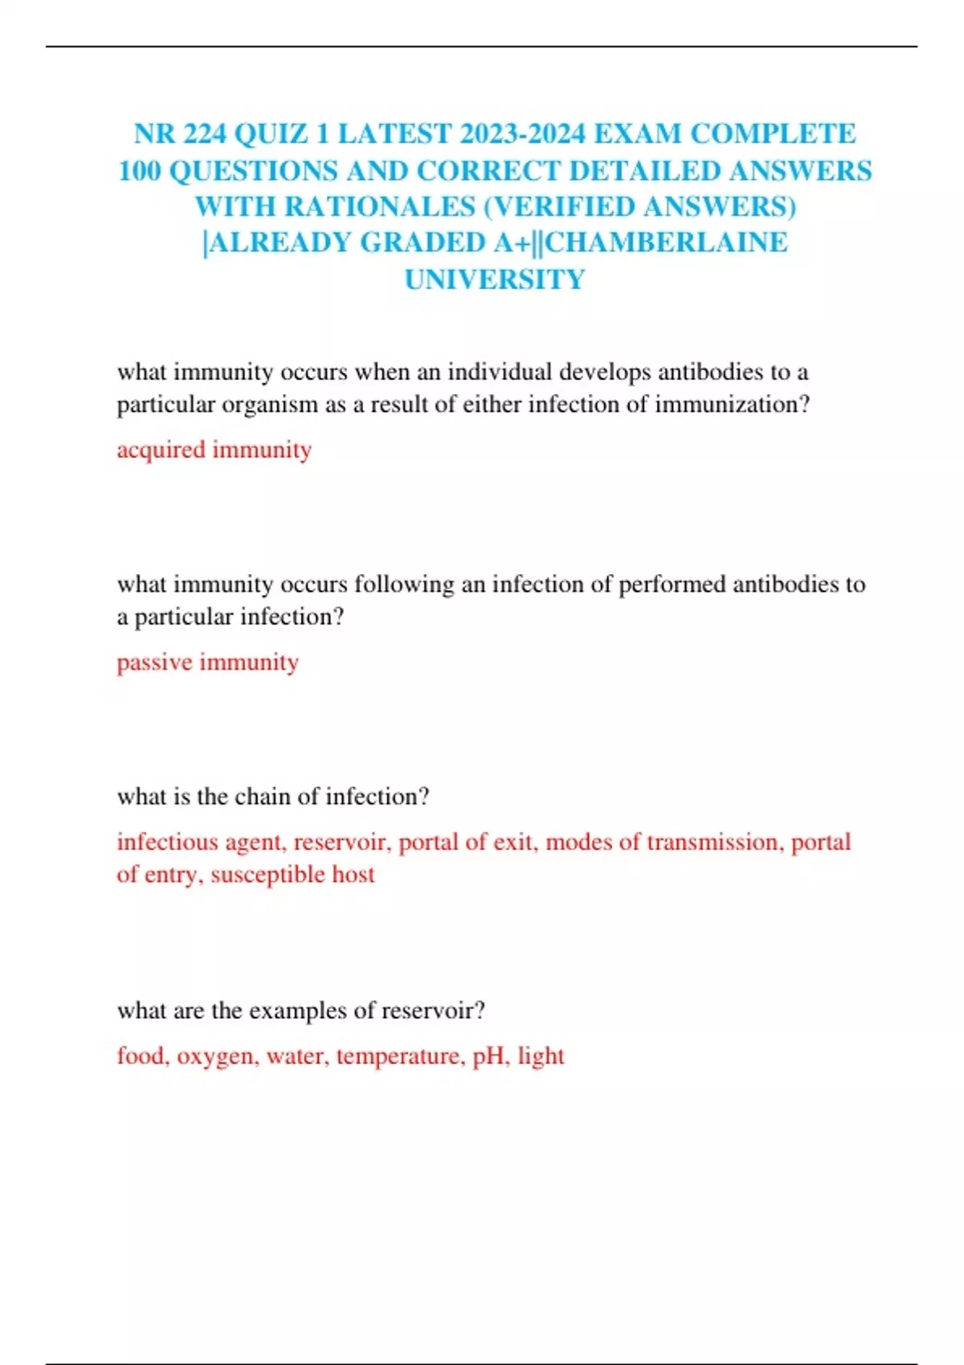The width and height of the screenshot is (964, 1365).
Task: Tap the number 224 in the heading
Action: pos(204,134)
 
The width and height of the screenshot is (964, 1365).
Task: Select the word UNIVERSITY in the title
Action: pos(495,279)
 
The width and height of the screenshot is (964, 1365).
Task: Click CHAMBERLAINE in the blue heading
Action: pos(667,242)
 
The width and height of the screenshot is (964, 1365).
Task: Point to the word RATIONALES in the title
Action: pos(380,207)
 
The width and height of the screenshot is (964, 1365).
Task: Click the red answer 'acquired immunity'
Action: pos(214,450)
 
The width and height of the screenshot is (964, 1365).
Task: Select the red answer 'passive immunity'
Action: pos(207,662)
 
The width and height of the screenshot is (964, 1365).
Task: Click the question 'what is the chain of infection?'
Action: pos(273,797)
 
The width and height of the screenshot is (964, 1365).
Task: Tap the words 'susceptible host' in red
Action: pos(292,874)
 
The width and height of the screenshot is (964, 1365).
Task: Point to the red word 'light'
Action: pos(541,1056)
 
